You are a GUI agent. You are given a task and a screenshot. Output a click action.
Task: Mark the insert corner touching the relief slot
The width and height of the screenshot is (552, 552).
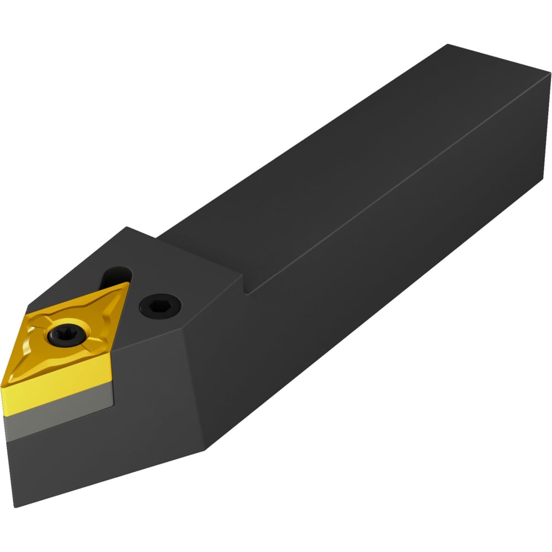coord(128,284)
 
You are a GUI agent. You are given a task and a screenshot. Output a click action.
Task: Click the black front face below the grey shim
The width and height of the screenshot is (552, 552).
coord(83,458)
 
